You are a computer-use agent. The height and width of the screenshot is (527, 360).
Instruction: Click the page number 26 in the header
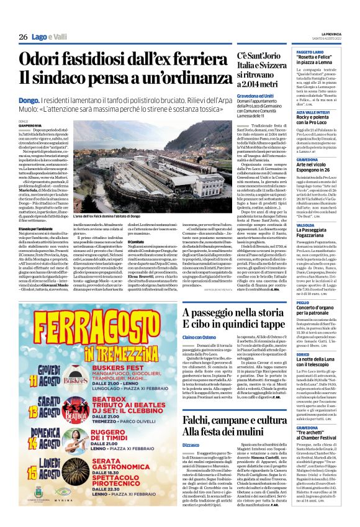click(23, 37)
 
